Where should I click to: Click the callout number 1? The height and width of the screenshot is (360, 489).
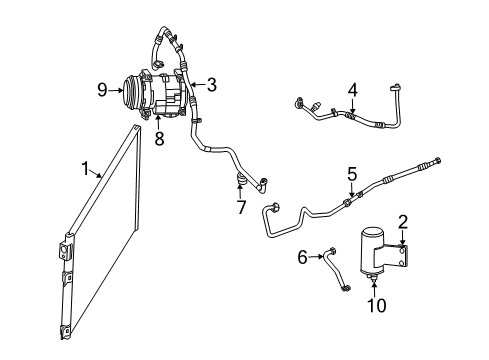87,168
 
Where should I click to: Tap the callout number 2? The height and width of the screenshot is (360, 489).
401,222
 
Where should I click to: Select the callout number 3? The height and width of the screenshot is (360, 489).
211,84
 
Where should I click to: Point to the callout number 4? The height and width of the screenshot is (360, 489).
352,91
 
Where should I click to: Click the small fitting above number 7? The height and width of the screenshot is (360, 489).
241,180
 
